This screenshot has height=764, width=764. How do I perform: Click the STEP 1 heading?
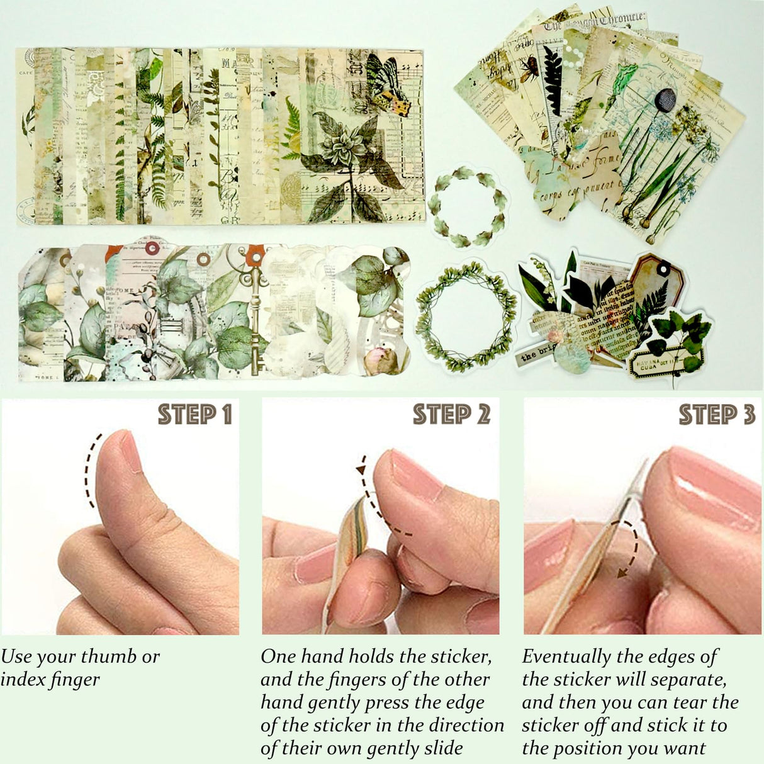[194, 415]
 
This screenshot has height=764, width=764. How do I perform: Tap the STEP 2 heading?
[451, 415]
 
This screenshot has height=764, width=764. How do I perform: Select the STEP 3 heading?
[716, 415]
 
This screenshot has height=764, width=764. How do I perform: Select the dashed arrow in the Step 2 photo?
[378, 503]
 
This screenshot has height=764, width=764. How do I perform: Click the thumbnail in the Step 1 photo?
[130, 450]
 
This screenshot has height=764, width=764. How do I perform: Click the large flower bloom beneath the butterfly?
[343, 146]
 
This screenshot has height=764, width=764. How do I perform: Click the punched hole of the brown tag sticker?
[662, 269]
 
